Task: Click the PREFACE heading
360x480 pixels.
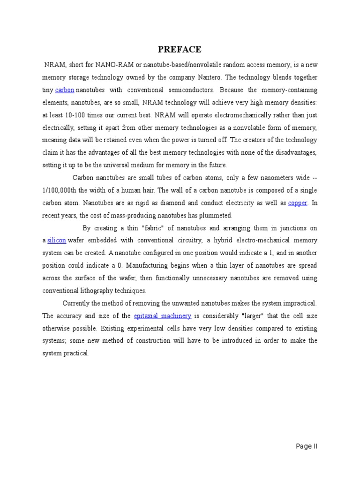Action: tap(180, 49)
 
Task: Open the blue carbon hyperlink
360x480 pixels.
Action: tap(65, 90)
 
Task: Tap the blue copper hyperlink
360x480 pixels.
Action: tap(297, 203)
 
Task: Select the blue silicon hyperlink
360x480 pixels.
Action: tap(57, 240)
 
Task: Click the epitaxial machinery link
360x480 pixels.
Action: tap(162, 315)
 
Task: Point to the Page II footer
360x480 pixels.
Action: tap(307, 446)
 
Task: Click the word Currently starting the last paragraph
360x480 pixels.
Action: tap(78, 303)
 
